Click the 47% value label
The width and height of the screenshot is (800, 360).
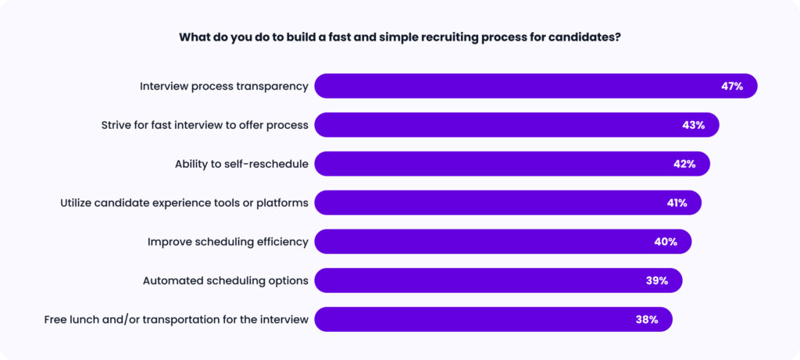732,86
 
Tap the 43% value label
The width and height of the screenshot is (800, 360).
694,125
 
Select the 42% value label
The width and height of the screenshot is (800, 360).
684,164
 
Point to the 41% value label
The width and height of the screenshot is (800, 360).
677,203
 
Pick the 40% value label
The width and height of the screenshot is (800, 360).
666,242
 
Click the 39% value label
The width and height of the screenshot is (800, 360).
656,280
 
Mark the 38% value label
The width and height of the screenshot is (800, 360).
647,319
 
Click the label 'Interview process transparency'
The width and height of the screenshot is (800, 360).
224,87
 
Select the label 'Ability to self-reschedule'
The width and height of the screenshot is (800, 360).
241,164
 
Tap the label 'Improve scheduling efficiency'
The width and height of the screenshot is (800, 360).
228,242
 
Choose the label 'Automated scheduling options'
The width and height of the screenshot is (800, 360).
226,281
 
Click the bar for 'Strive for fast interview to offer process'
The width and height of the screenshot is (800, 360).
517,125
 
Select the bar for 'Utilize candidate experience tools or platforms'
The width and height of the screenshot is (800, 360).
508,203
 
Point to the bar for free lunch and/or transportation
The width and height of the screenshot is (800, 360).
494,319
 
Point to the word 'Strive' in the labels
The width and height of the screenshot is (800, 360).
116,125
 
